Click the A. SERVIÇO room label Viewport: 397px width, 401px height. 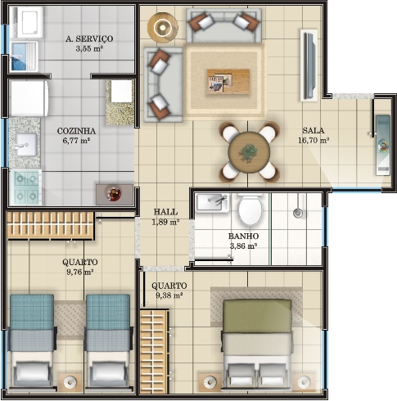[x=89, y=38]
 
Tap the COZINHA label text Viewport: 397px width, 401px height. [x=76, y=131]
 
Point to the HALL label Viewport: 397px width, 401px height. [x=165, y=212]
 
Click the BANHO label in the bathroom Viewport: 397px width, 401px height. [x=243, y=236]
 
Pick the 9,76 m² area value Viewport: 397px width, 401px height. [x=80, y=272]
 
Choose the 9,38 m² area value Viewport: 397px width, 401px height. [x=169, y=295]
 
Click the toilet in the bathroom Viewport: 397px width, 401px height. [x=250, y=210]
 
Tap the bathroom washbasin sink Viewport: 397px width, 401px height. [x=213, y=203]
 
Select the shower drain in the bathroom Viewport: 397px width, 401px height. [x=298, y=213]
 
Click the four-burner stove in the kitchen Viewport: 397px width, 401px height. [x=26, y=187]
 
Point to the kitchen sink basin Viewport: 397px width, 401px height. [x=26, y=145]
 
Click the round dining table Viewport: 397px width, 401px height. [x=249, y=152]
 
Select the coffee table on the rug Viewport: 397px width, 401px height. [x=228, y=82]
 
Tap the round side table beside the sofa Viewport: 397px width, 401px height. [x=163, y=27]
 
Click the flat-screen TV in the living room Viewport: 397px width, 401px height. [x=309, y=65]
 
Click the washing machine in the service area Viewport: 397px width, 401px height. [x=26, y=22]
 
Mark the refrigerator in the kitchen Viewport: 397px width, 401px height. [x=29, y=98]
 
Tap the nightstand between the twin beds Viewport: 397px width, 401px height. [x=70, y=381]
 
